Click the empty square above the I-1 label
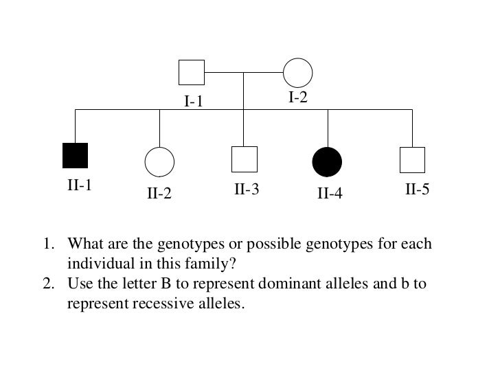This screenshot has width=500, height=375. tap(192, 72)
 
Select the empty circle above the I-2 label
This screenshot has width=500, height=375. tap(298, 72)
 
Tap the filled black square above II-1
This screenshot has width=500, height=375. tap(75, 155)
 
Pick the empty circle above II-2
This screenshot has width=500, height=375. tap(159, 162)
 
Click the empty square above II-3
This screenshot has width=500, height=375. tap(245, 159)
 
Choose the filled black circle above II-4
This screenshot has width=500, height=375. tap(328, 162)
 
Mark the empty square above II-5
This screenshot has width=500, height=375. tap(412, 159)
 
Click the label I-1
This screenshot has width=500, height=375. tap(194, 102)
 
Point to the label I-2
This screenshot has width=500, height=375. tap(297, 98)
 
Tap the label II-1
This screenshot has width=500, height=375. tap(80, 185)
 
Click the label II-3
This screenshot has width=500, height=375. tap(247, 189)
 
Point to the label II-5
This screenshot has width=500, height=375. tap(417, 189)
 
